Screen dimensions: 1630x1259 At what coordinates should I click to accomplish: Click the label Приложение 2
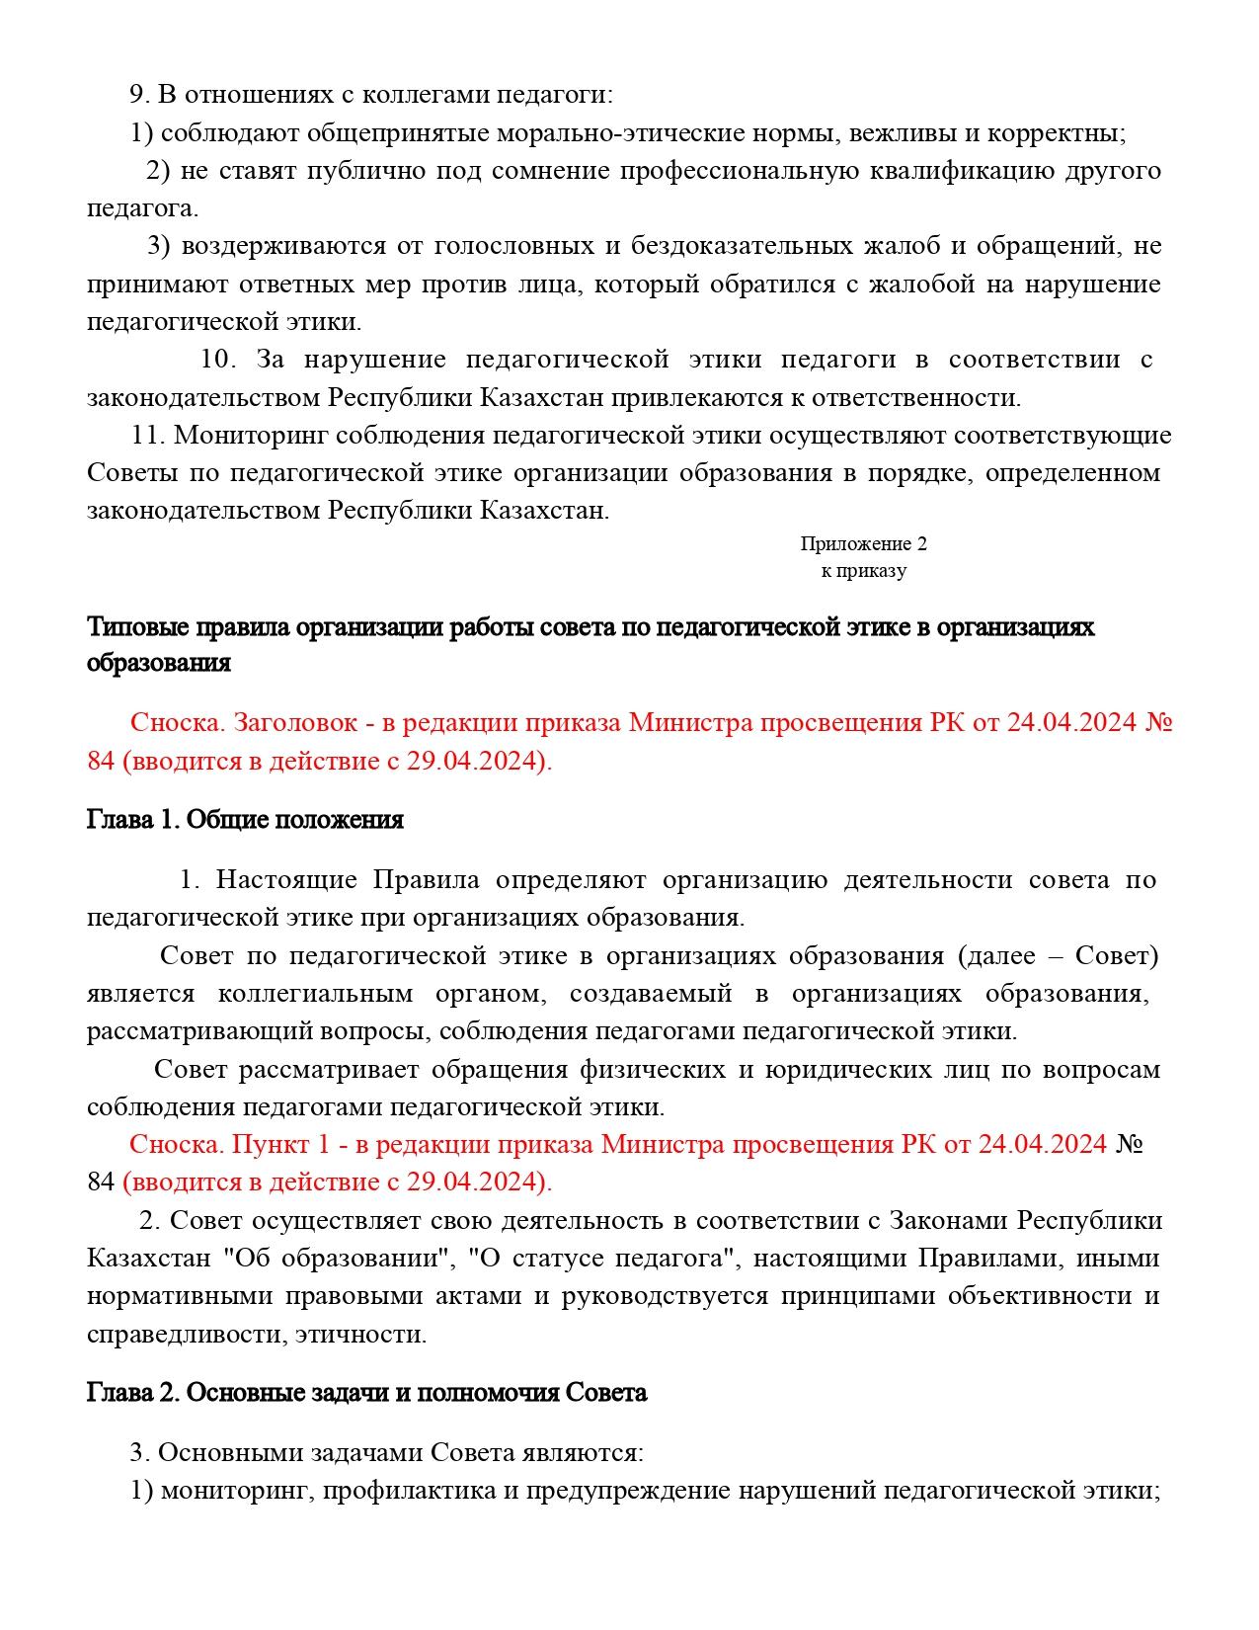point(863,543)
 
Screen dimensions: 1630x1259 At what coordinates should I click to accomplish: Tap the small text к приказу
point(863,570)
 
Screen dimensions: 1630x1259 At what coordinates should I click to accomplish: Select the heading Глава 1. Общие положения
point(245,819)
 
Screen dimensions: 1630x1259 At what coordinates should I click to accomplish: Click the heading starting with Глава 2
point(366,1392)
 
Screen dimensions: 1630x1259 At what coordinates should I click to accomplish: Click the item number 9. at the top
point(140,95)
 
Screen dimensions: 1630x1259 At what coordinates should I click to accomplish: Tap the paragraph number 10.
point(217,359)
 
